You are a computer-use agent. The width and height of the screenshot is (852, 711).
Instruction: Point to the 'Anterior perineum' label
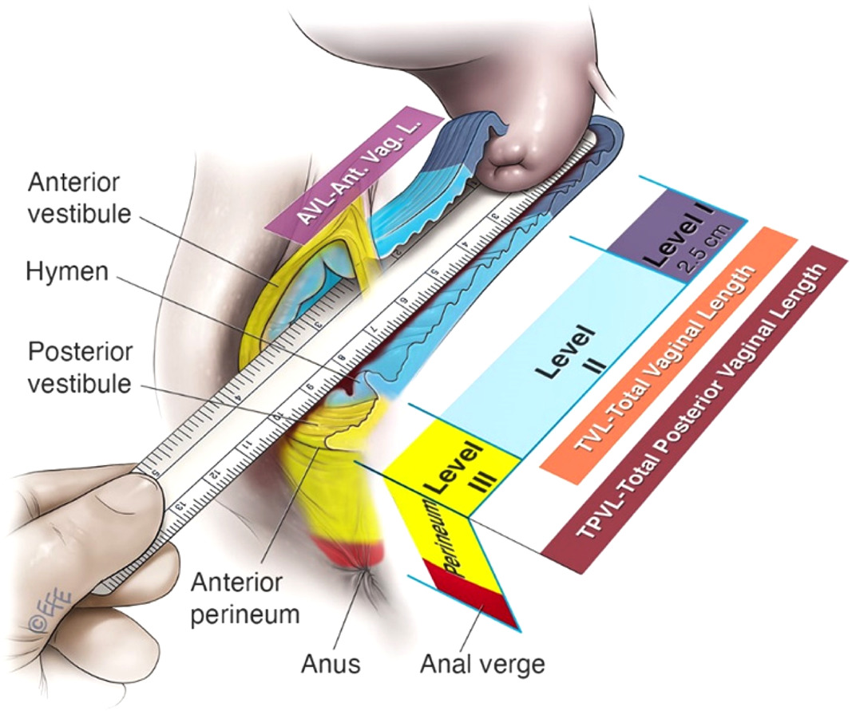[x=236, y=596]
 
